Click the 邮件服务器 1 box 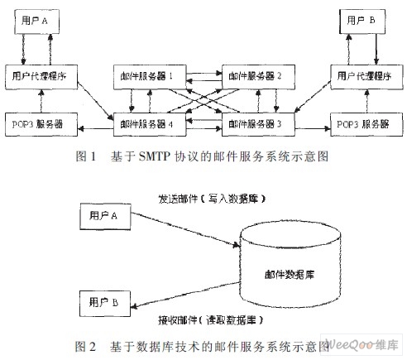click(x=150, y=77)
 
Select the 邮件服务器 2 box click(x=258, y=77)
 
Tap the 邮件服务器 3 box click(x=258, y=124)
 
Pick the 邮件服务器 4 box click(x=150, y=124)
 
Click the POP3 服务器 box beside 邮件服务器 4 click(x=41, y=124)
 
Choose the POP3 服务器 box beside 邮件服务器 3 click(x=366, y=124)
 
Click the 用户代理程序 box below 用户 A click(x=41, y=77)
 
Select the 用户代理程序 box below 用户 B click(x=366, y=77)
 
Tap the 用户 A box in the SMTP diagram click(x=36, y=22)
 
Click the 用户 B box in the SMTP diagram click(x=362, y=22)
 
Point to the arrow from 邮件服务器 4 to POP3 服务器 click(x=96, y=128)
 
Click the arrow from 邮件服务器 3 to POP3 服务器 click(x=313, y=128)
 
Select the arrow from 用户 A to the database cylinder click(x=185, y=229)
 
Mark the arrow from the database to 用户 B click(x=185, y=295)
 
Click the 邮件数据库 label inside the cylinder click(x=290, y=275)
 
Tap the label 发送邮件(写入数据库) click(x=212, y=199)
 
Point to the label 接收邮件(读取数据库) click(x=211, y=320)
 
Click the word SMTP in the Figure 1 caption click(x=155, y=156)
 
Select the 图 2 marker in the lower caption click(x=85, y=347)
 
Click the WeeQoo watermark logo click(x=362, y=344)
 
